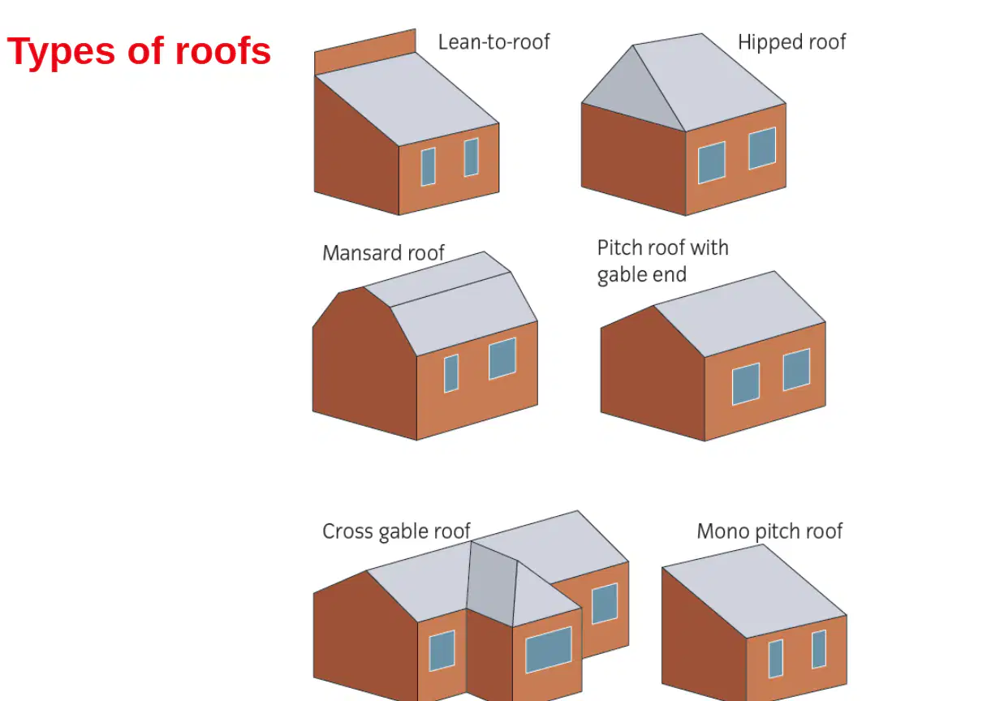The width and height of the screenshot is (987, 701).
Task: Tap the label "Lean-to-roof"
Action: [494, 42]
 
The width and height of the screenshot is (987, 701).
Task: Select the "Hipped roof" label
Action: [792, 43]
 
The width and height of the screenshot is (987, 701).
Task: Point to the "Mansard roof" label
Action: [383, 253]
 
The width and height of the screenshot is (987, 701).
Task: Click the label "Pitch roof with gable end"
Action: [662, 261]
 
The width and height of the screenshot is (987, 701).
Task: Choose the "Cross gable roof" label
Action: [396, 531]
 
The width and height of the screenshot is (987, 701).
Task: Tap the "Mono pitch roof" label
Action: [769, 531]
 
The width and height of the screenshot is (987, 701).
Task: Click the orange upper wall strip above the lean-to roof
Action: [364, 52]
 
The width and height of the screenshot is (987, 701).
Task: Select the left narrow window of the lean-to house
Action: [429, 167]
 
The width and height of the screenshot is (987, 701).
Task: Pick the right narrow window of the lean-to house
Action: [472, 157]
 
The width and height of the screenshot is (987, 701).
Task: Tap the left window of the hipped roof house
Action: [712, 162]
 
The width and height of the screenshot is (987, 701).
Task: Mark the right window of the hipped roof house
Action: [762, 148]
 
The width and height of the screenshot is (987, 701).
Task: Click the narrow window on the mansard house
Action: [451, 373]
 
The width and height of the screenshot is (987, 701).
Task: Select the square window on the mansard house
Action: [502, 359]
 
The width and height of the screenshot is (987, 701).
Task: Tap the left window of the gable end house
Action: [746, 384]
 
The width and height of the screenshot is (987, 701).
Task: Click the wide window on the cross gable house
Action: [549, 650]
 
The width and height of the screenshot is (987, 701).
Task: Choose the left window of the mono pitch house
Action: [775, 659]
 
